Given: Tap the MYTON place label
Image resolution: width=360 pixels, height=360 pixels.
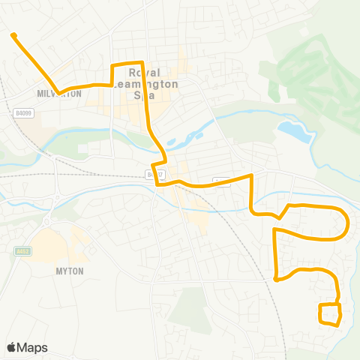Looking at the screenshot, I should click(69, 271).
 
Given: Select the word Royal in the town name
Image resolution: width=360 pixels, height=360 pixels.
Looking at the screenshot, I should click(145, 73).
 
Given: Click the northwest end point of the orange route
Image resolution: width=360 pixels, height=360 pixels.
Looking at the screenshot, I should click(13, 34).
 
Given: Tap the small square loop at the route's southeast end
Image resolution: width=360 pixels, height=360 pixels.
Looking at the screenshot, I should click(330, 314).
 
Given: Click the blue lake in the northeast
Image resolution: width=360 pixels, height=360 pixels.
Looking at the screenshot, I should click(295, 131).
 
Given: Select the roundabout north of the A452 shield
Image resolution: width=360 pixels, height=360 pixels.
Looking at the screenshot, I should click(46, 222).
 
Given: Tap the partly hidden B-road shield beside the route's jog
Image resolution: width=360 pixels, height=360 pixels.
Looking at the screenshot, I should click(153, 174).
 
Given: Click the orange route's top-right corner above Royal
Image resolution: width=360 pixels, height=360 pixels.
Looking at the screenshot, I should click(142, 63).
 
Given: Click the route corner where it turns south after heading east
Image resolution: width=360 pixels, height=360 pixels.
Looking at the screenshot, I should click(252, 177).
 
